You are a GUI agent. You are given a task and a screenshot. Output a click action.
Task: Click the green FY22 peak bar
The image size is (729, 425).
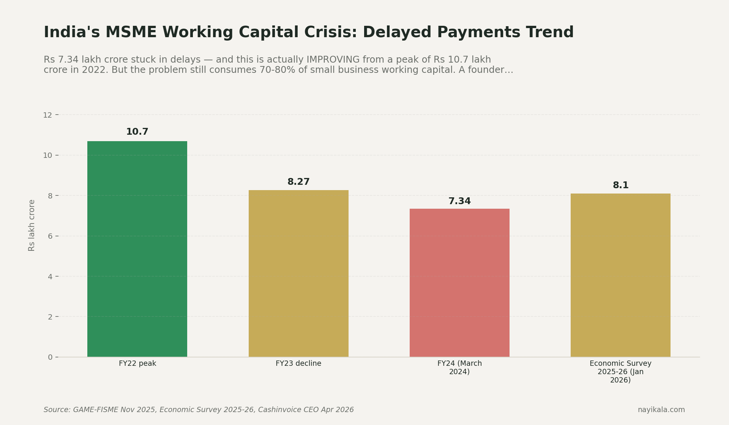pyautogui.click(x=137, y=249)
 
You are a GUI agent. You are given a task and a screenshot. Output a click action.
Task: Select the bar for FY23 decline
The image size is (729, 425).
pyautogui.click(x=298, y=273)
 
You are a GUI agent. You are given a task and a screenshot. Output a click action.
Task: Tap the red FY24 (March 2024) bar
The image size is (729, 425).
pyautogui.click(x=459, y=283)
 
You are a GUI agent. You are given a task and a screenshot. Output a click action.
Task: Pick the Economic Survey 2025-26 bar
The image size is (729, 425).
pyautogui.click(x=620, y=275)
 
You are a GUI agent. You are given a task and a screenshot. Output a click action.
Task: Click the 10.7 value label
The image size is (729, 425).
pyautogui.click(x=137, y=132)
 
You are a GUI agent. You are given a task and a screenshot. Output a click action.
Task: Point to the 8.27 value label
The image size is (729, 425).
pyautogui.click(x=298, y=182)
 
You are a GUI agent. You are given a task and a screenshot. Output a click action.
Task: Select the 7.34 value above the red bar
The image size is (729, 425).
pyautogui.click(x=459, y=201)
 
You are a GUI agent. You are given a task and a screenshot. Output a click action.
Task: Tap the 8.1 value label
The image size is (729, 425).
pyautogui.click(x=620, y=186)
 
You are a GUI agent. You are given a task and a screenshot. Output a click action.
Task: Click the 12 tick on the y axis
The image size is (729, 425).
pyautogui.click(x=47, y=115)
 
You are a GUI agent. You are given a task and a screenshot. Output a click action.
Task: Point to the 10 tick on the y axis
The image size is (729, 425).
pyautogui.click(x=47, y=155)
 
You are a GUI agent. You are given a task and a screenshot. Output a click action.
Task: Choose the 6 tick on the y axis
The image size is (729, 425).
pyautogui.click(x=50, y=236)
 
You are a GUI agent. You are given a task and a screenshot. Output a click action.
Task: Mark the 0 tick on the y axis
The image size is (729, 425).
pyautogui.click(x=50, y=357)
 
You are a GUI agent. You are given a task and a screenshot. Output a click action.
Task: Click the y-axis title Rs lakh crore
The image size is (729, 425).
pyautogui.click(x=32, y=225)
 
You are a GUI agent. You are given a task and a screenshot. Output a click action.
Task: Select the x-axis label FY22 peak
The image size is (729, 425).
pyautogui.click(x=137, y=364)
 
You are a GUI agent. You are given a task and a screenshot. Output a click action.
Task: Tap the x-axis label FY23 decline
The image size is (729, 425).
pyautogui.click(x=298, y=364)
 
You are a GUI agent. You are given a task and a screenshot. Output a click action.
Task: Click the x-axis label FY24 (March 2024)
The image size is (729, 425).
pyautogui.click(x=459, y=368)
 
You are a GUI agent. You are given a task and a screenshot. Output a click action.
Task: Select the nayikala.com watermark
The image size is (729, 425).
pyautogui.click(x=661, y=410)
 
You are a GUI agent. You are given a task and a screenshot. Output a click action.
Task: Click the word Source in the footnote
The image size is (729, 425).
pyautogui.click(x=57, y=410)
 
